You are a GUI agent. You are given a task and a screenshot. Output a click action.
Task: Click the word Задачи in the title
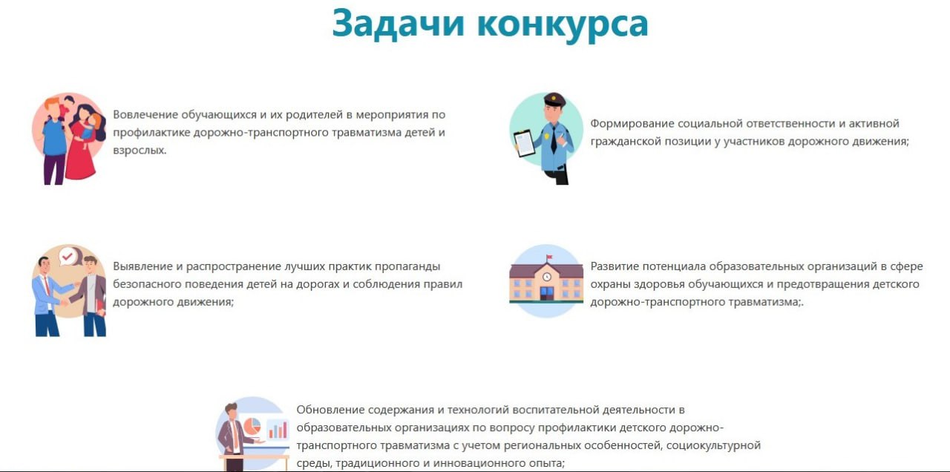[x=399, y=24]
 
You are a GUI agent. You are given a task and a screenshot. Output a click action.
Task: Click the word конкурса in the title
[x=563, y=25]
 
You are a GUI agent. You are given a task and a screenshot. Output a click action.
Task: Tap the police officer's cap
[x=554, y=99]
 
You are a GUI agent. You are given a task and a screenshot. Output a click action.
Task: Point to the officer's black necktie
[x=554, y=139]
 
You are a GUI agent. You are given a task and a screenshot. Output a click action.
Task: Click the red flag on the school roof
[x=548, y=257]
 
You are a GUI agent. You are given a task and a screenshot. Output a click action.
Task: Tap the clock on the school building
[x=547, y=277]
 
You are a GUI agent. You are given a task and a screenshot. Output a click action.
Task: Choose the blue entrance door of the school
[x=547, y=293]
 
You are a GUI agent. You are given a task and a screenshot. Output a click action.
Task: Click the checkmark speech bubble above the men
[x=68, y=256]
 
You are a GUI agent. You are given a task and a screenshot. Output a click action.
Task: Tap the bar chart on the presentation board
[x=278, y=430]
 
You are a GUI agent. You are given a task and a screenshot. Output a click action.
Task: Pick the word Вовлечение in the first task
[x=145, y=115]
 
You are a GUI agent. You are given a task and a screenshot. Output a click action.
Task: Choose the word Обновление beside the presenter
[x=330, y=410]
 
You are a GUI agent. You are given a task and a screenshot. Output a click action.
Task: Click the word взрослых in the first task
[x=140, y=151]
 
